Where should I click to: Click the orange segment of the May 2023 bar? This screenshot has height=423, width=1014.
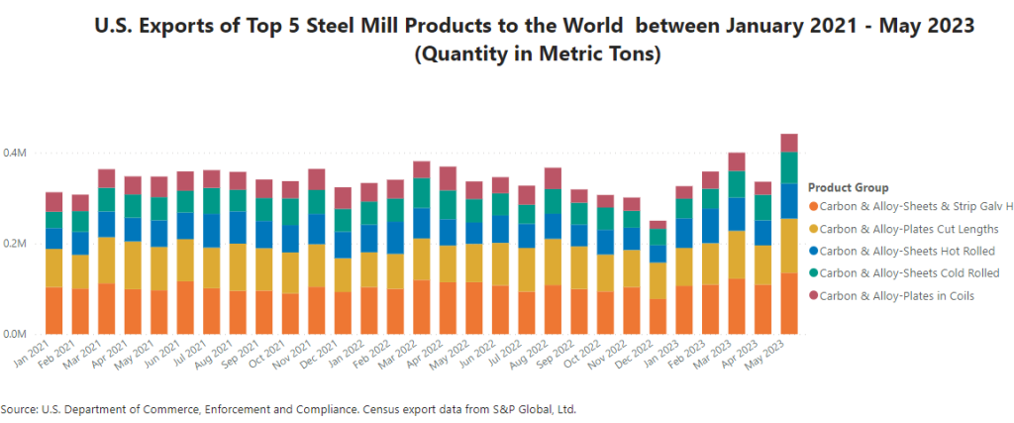click(789, 303)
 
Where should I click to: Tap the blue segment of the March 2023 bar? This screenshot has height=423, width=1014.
click(736, 214)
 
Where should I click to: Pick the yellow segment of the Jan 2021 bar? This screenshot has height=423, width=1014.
click(53, 268)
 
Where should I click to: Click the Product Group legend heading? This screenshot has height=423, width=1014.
click(848, 188)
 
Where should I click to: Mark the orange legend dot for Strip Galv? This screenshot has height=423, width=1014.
click(814, 207)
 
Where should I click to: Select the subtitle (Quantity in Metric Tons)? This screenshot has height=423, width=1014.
click(536, 55)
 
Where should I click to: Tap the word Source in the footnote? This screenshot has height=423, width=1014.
click(22, 408)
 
